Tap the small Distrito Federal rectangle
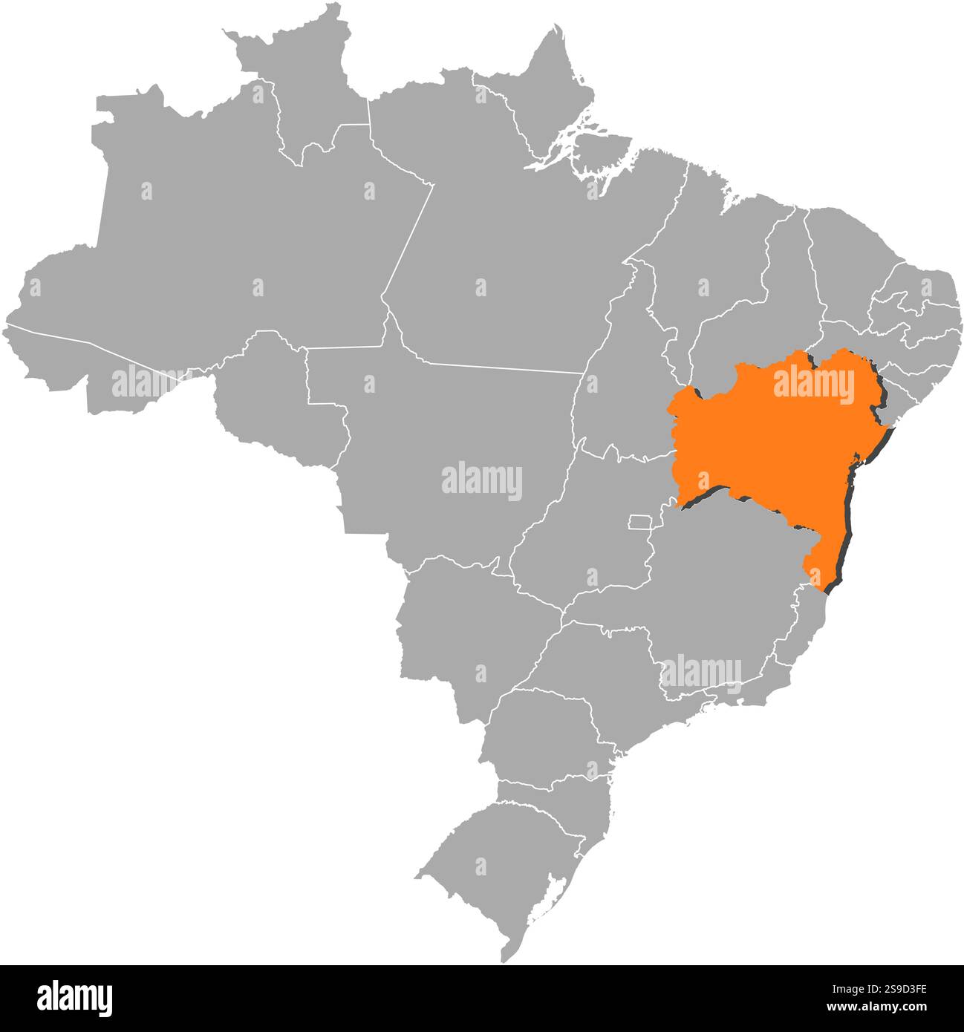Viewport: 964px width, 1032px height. click(639, 521)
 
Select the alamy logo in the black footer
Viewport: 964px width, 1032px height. click(75, 998)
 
